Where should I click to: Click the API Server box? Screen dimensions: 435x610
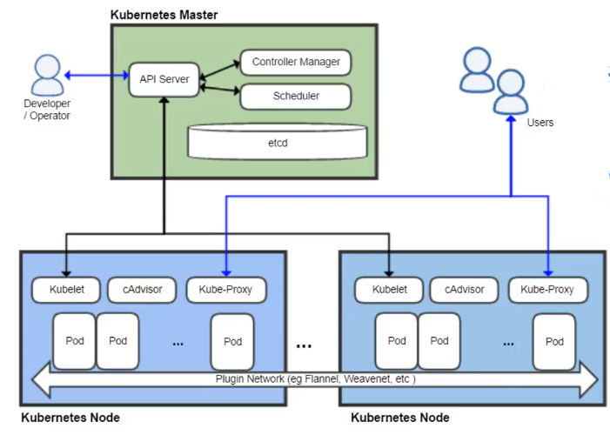[x=164, y=79]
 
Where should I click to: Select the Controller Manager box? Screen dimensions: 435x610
[x=295, y=62]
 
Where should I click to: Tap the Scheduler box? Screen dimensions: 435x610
[x=295, y=97]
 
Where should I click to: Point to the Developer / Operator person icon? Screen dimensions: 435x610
[x=46, y=76]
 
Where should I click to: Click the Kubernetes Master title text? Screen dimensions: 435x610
[x=164, y=16]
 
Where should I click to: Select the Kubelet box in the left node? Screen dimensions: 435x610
[x=65, y=289]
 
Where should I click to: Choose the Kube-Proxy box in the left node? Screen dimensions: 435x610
[x=226, y=289]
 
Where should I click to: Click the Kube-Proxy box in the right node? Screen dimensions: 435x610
[x=547, y=289]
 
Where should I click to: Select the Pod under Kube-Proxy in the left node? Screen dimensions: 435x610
[x=232, y=341]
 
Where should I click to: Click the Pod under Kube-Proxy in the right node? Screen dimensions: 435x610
[x=554, y=341]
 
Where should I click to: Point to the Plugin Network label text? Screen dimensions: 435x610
[x=315, y=379]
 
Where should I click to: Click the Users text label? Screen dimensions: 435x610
[x=540, y=123]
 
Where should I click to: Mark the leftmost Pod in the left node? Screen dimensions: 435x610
[x=75, y=340]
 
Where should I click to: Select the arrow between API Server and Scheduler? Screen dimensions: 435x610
[x=219, y=88]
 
